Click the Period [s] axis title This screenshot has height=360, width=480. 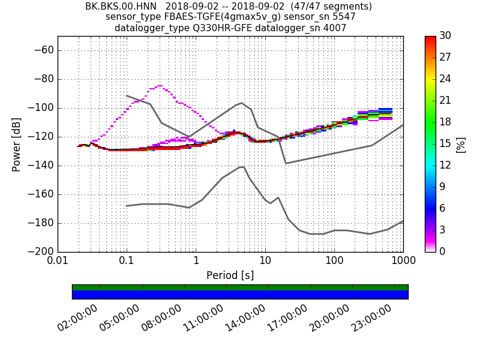230,275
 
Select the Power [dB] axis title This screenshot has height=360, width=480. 16,144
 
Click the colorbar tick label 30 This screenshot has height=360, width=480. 445,36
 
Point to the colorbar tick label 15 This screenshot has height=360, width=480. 445,143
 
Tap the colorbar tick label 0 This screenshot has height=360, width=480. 442,251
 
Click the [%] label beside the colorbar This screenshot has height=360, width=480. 461,144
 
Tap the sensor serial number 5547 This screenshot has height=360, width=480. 343,17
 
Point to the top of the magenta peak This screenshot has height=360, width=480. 160,86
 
